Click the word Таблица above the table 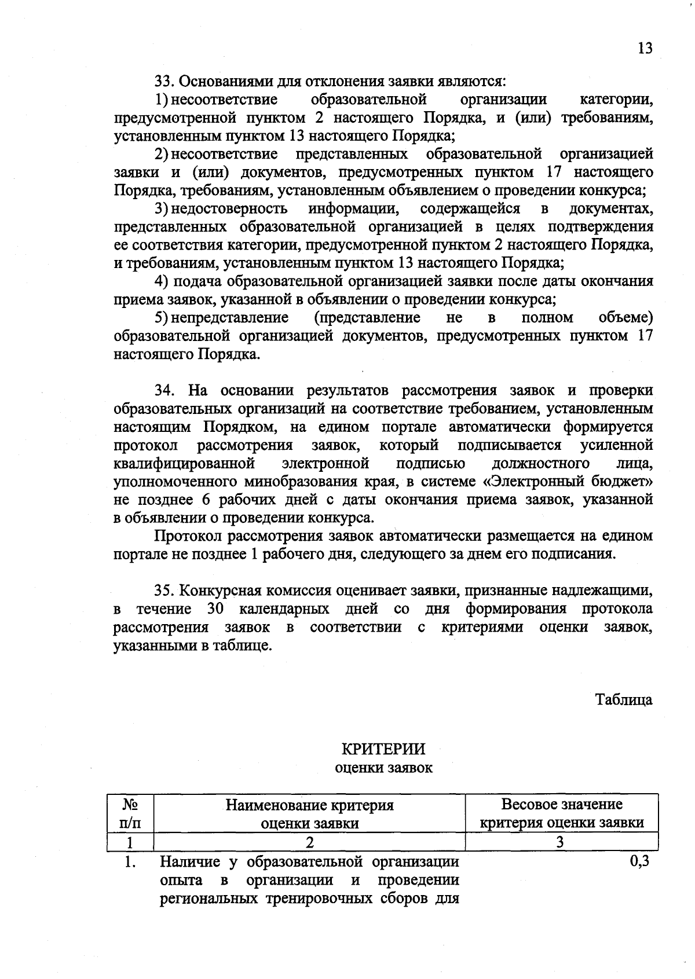(624, 699)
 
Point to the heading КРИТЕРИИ (383, 749)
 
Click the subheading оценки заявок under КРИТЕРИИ (383, 768)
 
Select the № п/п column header (130, 813)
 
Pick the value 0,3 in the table (639, 861)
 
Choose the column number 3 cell (560, 842)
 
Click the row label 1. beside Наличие (130, 862)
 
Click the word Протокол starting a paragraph (188, 536)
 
